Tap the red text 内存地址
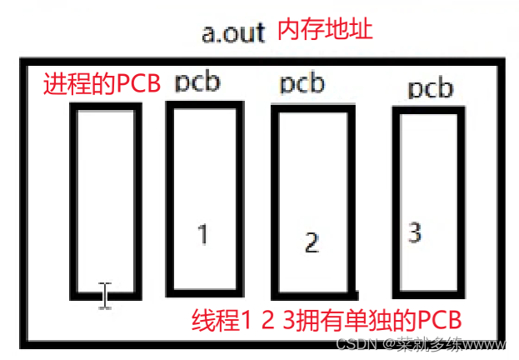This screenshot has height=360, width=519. pyautogui.click(x=318, y=32)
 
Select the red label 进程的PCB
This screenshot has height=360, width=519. pyautogui.click(x=101, y=85)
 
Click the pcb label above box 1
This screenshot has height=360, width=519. pyautogui.click(x=197, y=82)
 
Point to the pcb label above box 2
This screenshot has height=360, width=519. pyautogui.click(x=302, y=84)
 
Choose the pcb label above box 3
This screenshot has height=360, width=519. pyautogui.click(x=431, y=88)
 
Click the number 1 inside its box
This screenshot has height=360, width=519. pyautogui.click(x=202, y=234)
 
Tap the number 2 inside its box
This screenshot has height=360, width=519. pyautogui.click(x=312, y=242)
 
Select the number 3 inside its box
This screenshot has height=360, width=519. pyautogui.click(x=415, y=232)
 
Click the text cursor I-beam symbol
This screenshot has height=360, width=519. pyautogui.click(x=105, y=295)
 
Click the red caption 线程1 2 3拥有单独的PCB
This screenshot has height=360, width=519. pyautogui.click(x=327, y=321)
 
